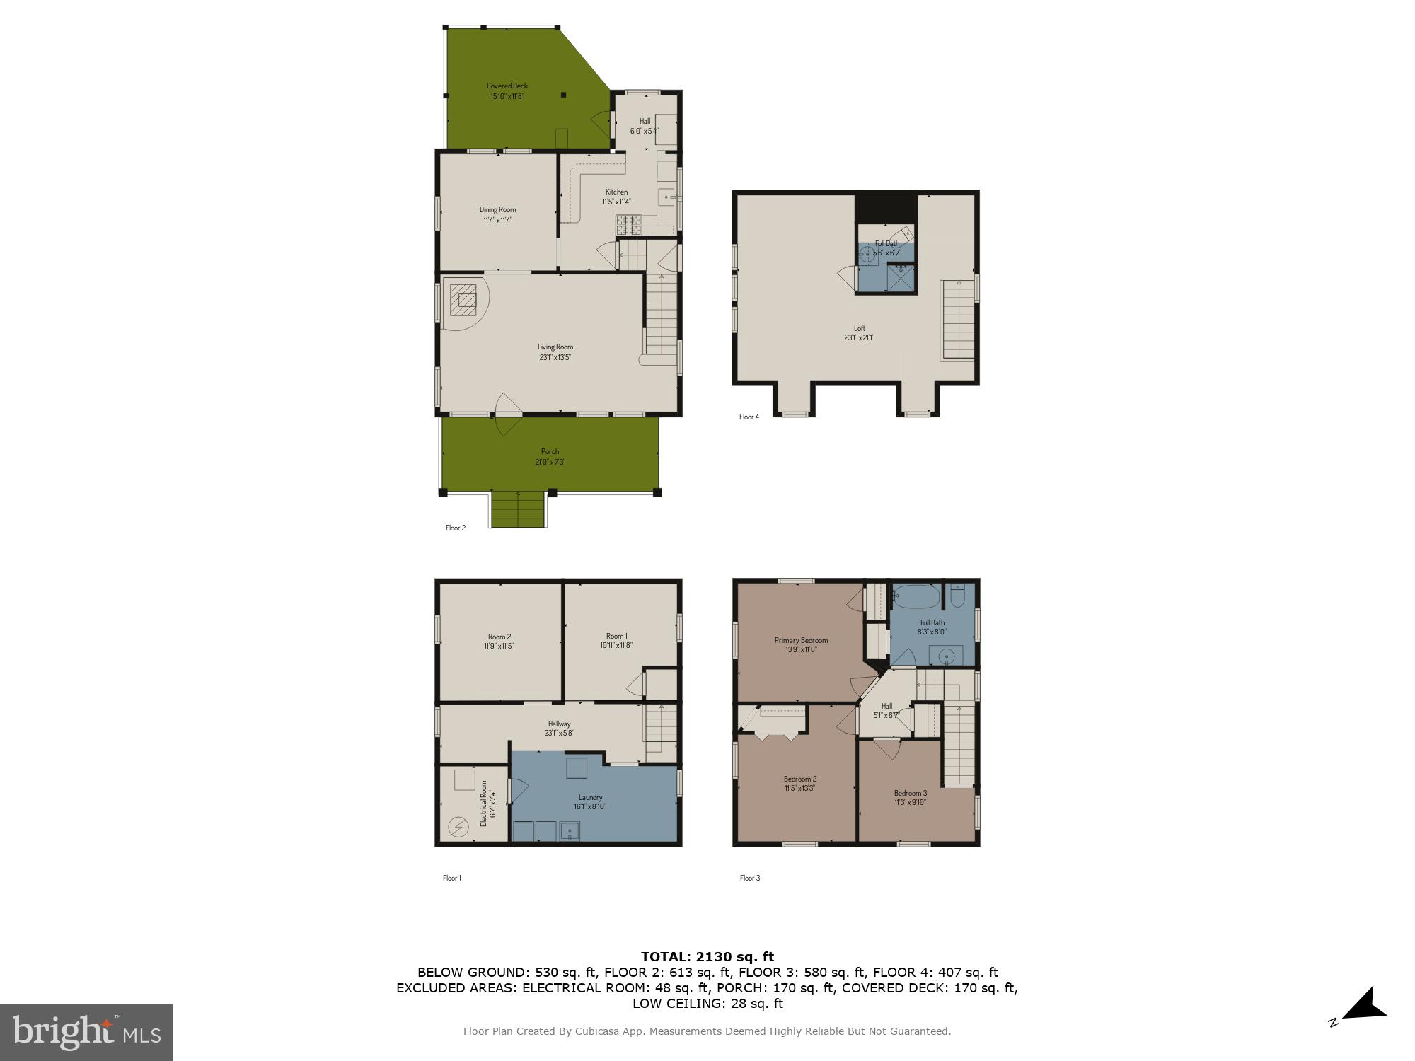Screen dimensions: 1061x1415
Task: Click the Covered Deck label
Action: click(507, 86)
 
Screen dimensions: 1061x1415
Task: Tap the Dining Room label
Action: click(497, 210)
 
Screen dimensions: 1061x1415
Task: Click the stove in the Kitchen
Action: click(628, 224)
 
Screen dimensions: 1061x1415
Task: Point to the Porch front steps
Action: click(519, 509)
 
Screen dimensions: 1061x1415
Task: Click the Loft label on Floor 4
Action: click(859, 328)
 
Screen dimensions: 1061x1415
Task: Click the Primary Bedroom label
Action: click(801, 640)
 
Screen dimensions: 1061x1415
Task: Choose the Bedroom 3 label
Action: click(910, 793)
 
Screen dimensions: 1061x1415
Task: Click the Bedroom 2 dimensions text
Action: click(799, 788)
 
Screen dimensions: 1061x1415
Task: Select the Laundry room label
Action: click(590, 797)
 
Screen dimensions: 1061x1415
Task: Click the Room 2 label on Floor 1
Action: click(499, 637)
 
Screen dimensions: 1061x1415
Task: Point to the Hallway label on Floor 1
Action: click(559, 724)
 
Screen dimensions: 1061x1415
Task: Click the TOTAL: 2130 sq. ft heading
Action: click(707, 957)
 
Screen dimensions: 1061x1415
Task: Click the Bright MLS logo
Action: click(86, 1032)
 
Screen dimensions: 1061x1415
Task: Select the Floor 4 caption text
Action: click(749, 417)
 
